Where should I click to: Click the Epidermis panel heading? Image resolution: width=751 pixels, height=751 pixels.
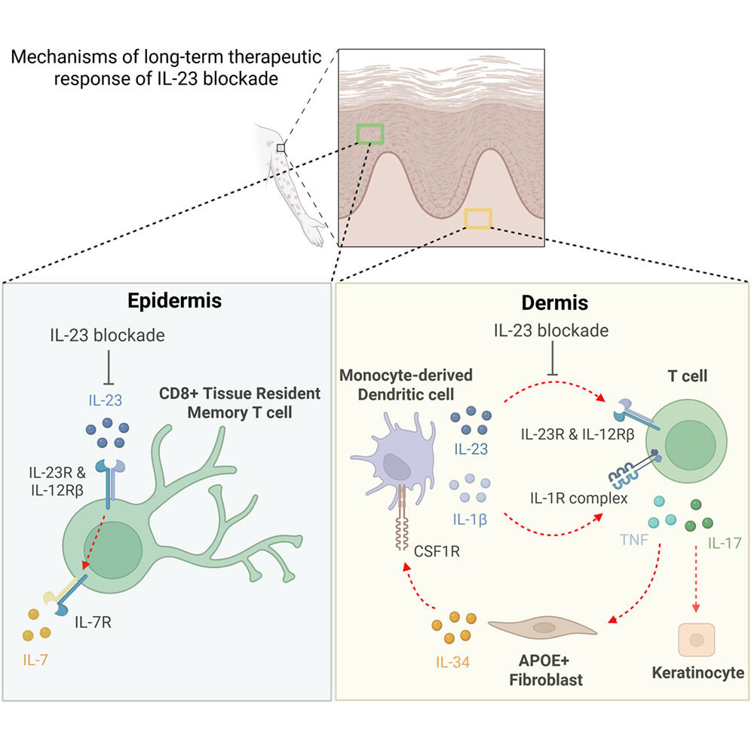[174, 301]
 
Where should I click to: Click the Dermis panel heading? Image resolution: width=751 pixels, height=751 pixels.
[555, 302]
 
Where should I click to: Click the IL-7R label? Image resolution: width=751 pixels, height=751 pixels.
[93, 622]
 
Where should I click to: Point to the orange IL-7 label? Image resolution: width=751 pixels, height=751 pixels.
[35, 660]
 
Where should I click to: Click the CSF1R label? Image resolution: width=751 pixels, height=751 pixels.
[437, 551]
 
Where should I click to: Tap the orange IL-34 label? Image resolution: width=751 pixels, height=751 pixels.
[452, 662]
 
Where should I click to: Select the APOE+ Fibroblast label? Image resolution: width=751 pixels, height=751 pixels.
[545, 670]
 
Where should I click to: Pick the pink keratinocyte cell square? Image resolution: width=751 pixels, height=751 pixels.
[697, 640]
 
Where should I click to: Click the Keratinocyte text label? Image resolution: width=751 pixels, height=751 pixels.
[697, 673]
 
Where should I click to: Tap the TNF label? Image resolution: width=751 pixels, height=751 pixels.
[634, 540]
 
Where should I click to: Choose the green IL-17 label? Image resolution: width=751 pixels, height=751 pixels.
[724, 543]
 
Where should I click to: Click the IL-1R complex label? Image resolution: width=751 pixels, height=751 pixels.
[578, 498]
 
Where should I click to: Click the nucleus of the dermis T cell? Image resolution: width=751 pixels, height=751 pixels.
[690, 445]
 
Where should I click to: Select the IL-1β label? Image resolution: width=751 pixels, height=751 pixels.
[470, 520]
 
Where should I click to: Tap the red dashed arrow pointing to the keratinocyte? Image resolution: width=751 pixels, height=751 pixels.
[696, 578]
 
